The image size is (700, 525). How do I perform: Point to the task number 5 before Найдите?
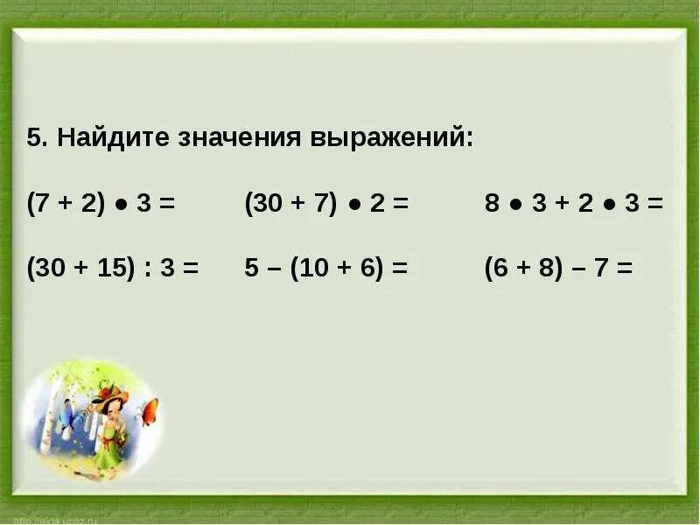tap(33, 139)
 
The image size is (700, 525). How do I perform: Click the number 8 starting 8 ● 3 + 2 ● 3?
tap(492, 204)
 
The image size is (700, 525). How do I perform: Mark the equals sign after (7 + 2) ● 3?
tap(167, 204)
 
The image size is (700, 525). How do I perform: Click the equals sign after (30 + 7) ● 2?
tap(401, 204)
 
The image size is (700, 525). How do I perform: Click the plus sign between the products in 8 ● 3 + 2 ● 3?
tap(561, 204)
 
